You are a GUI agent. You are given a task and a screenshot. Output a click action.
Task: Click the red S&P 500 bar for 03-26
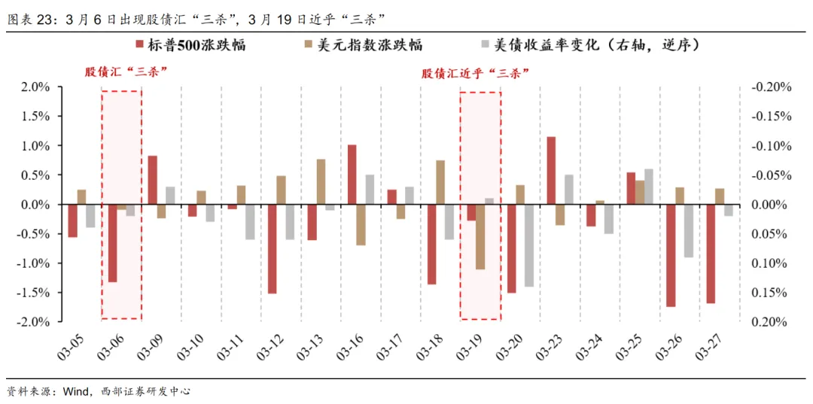point(671,256)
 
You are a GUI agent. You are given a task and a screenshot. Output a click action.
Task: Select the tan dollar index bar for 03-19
point(480,237)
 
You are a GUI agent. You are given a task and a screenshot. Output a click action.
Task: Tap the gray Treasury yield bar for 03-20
point(529,245)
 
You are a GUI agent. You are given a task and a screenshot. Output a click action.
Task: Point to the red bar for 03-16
point(352,175)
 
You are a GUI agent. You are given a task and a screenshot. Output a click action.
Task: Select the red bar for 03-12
point(272,249)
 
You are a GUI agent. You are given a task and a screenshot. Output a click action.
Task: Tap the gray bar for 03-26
point(689,231)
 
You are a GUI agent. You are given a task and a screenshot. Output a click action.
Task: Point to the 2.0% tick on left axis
point(34,87)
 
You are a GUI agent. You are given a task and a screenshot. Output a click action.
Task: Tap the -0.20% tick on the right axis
point(771,87)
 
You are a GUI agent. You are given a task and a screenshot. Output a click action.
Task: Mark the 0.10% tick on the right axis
point(771,263)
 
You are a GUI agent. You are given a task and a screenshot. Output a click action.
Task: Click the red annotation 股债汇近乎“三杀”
point(476,73)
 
